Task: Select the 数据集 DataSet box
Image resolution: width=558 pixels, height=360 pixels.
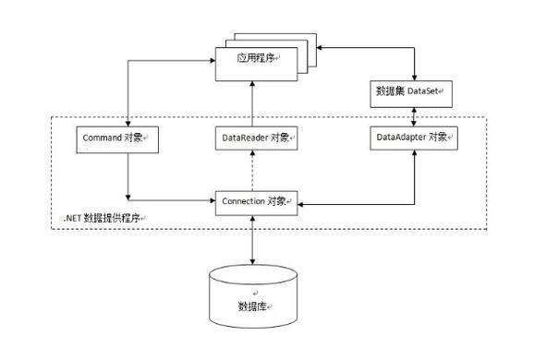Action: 414,92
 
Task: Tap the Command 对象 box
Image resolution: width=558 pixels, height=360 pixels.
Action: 115,138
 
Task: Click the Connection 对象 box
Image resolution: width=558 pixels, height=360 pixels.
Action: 256,199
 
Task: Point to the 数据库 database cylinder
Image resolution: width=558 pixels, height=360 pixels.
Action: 254,295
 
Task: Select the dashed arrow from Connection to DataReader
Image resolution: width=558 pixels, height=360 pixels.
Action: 254,170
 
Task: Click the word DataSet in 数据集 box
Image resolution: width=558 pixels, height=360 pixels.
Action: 425,92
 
